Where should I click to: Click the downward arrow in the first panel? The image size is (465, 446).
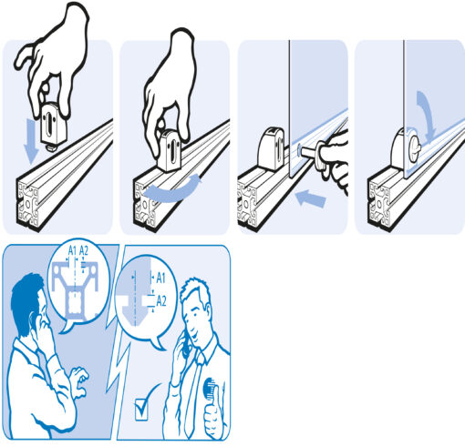click(x=31, y=141)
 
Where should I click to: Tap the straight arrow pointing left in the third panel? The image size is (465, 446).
click(x=311, y=198)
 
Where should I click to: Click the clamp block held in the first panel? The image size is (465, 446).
click(x=54, y=125)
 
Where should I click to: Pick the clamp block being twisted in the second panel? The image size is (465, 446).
click(x=169, y=150)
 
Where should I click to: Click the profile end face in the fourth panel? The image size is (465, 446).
click(x=378, y=203)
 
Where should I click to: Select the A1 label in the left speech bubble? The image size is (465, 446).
click(x=72, y=251)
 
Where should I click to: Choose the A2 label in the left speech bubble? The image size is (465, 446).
click(x=84, y=251)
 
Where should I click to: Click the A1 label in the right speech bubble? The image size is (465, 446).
click(x=160, y=278)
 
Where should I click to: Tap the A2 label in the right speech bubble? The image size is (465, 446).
click(x=161, y=301)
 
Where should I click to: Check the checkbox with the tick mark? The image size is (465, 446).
click(x=141, y=410)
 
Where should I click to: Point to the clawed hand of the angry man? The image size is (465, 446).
click(x=79, y=383)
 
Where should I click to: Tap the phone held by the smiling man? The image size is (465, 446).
click(x=185, y=344)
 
